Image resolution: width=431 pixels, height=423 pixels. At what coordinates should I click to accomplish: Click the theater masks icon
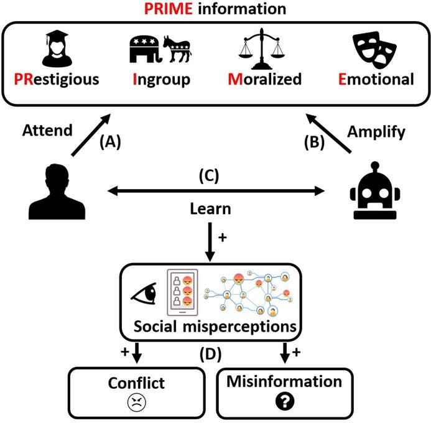click(x=373, y=49)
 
